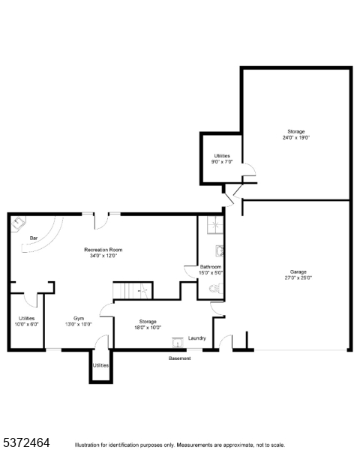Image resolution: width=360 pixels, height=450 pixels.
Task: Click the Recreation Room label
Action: (104, 250)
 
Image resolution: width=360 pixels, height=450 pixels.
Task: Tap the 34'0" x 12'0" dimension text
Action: (104, 256)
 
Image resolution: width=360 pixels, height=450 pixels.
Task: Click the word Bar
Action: (33, 238)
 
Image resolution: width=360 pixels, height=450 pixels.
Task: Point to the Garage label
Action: (298, 271)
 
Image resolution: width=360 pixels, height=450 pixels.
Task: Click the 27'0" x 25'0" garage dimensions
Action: (298, 278)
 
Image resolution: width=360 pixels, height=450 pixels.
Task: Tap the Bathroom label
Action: (210, 267)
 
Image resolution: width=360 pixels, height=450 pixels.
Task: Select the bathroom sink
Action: (219, 252)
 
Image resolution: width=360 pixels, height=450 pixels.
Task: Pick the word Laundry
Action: (197, 338)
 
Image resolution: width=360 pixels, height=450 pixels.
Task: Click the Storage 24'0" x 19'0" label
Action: (295, 134)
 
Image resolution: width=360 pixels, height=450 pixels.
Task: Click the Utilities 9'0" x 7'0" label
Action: (222, 158)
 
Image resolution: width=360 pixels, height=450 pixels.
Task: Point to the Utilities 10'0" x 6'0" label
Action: (26, 321)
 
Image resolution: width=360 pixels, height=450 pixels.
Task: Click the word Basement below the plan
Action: (179, 358)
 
